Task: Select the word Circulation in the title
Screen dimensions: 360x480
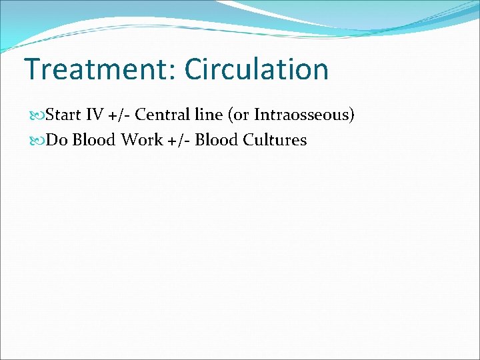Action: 257,69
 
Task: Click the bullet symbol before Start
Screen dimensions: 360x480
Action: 39,115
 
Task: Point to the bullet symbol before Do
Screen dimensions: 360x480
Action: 39,141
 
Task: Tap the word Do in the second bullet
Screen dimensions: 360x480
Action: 57,141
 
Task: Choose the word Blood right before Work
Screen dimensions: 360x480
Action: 93,141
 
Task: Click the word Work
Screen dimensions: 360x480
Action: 141,141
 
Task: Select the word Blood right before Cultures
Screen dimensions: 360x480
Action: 217,141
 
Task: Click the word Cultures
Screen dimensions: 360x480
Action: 275,141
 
